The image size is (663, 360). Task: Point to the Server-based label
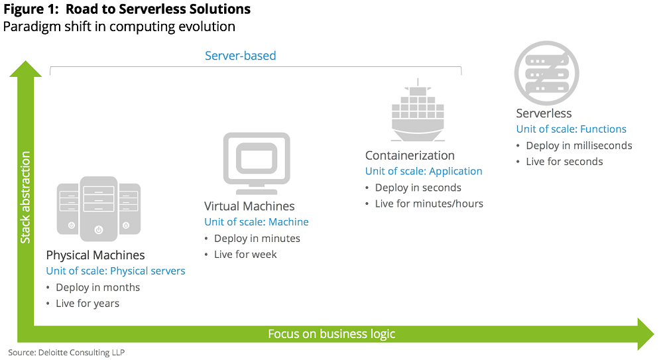(240, 56)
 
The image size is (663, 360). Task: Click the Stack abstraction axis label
(25, 197)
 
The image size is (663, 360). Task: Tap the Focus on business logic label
(331, 333)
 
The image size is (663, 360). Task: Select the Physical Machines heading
(95, 255)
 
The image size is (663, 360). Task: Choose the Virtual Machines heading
(249, 206)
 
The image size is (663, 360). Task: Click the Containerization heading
(410, 156)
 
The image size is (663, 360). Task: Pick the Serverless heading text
(544, 113)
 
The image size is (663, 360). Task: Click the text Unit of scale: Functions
(572, 129)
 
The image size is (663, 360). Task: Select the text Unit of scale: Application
(424, 171)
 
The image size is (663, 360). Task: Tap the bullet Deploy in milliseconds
(579, 145)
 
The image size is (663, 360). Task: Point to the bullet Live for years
(88, 303)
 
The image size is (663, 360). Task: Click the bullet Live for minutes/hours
(429, 204)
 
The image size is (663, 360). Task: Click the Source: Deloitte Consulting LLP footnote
(66, 352)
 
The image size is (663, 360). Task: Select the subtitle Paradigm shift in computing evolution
(119, 27)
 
